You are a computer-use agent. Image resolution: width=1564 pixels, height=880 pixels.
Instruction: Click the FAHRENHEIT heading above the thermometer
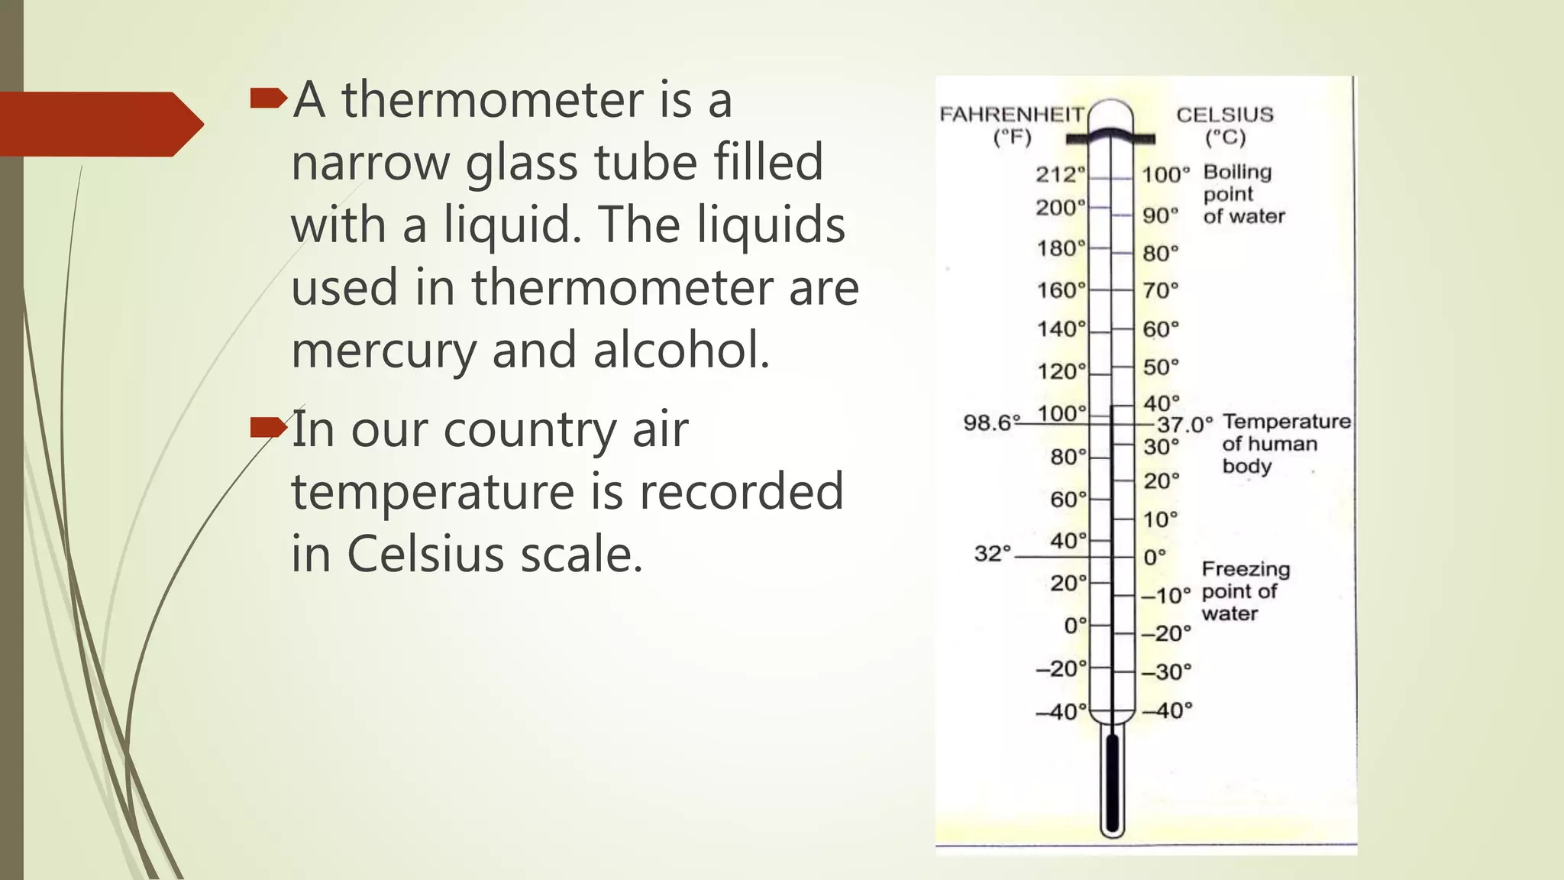pos(1011,115)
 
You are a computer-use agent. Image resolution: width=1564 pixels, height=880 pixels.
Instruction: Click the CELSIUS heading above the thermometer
pos(1224,115)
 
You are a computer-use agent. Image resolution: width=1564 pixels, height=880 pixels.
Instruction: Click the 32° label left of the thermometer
pos(992,553)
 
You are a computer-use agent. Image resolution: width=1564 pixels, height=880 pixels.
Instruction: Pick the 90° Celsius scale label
pos(1160,215)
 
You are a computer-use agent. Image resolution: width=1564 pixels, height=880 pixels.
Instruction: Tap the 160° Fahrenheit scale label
pos(1061,290)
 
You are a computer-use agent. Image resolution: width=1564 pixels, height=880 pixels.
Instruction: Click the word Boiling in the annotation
pos(1237,172)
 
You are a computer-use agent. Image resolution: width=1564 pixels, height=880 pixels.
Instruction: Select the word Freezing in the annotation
pos(1246,569)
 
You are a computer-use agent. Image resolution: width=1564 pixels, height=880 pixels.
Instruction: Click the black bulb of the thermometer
pos(1112,787)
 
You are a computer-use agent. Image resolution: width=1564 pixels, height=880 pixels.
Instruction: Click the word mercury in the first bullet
pos(384,351)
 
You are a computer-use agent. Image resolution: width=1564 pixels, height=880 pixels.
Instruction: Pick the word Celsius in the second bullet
pos(425,554)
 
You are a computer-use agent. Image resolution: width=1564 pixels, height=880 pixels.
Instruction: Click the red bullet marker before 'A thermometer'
pos(267,98)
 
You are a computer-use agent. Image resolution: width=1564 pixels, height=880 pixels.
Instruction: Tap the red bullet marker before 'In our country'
pos(267,428)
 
